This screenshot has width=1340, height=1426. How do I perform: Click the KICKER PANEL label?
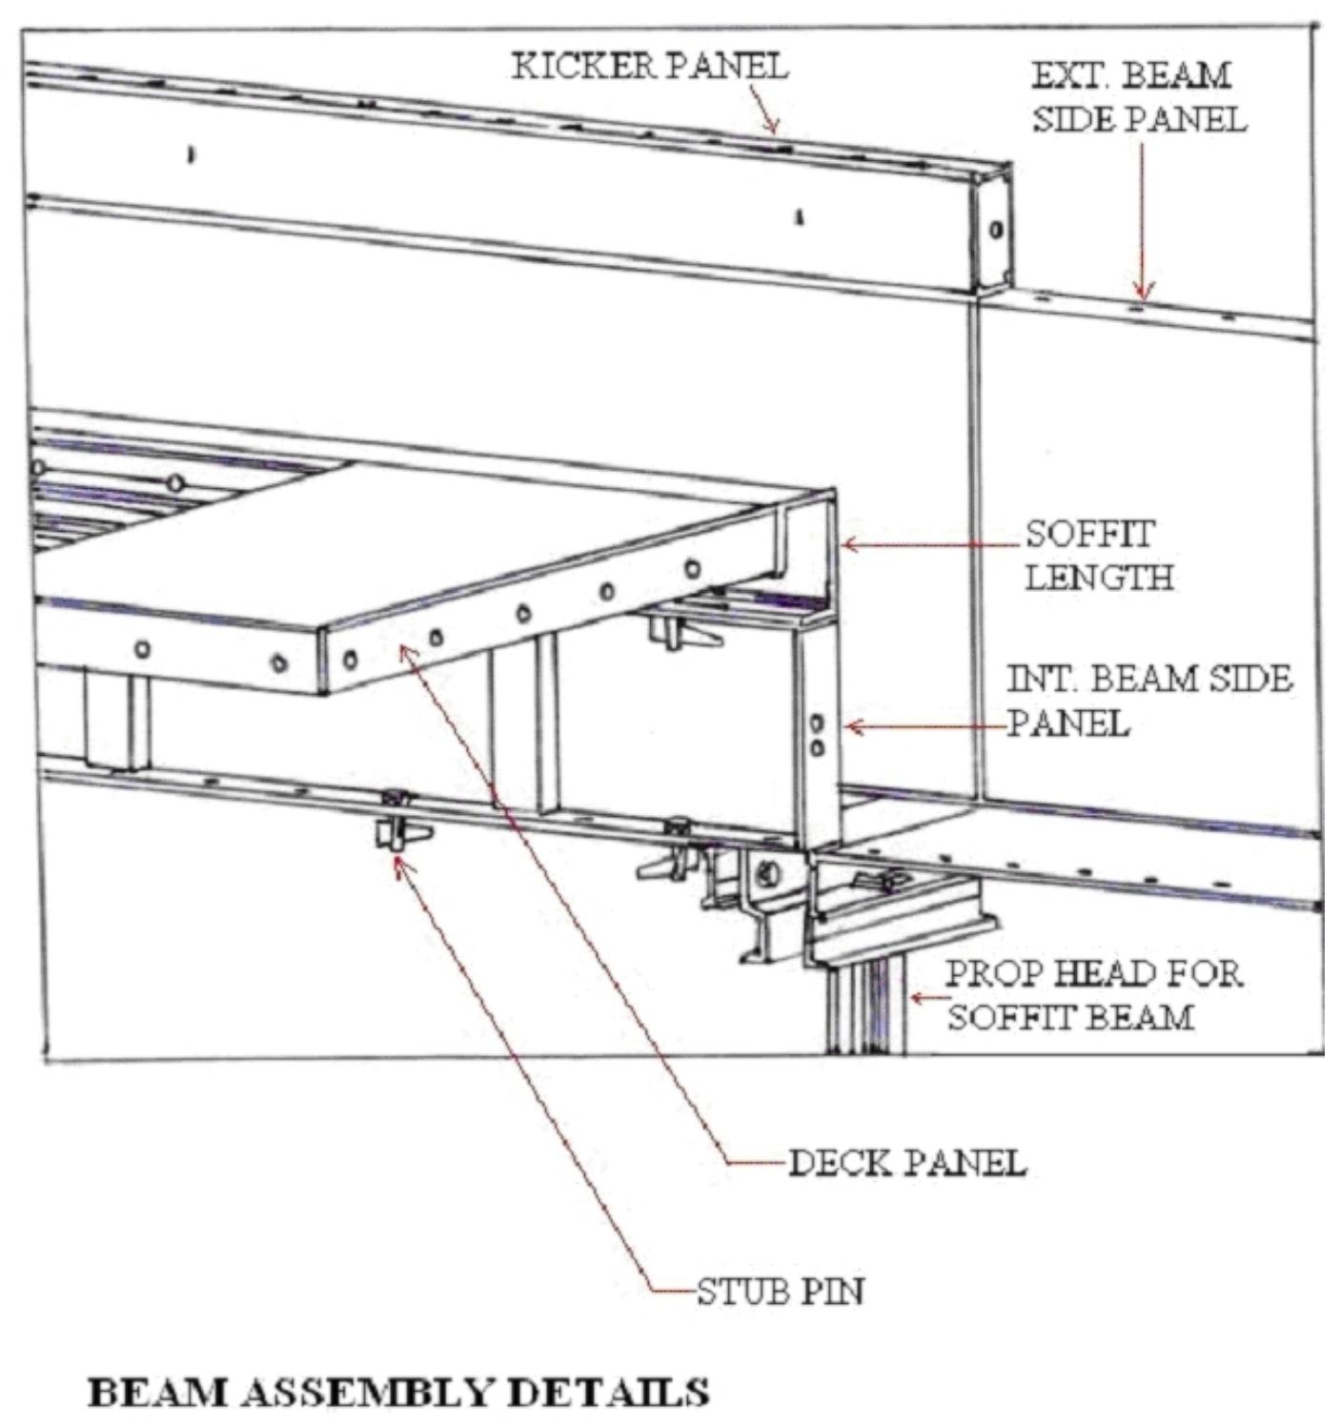[649, 66]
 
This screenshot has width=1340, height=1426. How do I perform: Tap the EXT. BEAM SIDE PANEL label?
[1139, 96]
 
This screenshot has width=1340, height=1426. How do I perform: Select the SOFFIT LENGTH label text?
[1098, 555]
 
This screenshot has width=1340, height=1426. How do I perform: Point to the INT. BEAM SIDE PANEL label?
[1148, 701]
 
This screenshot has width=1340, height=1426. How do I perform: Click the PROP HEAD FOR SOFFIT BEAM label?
[1092, 995]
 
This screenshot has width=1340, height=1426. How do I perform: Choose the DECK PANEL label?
[906, 1162]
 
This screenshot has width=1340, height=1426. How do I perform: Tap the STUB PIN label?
[780, 1292]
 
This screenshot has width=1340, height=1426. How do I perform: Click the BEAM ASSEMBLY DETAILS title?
[398, 1392]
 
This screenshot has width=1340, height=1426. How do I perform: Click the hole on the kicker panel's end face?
[996, 229]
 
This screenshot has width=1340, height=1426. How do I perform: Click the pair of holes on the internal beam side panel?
[817, 735]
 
